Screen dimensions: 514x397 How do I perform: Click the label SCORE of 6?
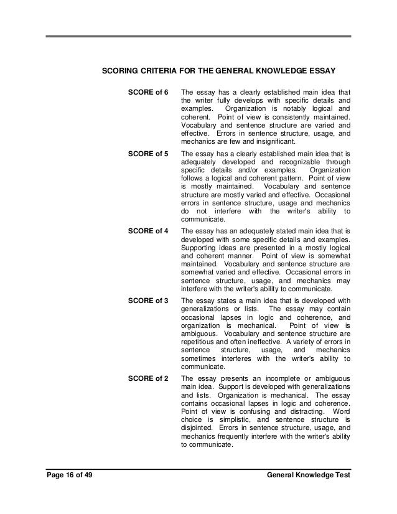pos(147,93)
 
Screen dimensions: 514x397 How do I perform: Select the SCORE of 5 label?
pos(147,154)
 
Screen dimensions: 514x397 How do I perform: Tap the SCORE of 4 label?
pos(147,231)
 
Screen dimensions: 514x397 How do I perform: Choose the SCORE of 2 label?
pos(147,378)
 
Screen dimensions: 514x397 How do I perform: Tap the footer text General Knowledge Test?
pos(308,475)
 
